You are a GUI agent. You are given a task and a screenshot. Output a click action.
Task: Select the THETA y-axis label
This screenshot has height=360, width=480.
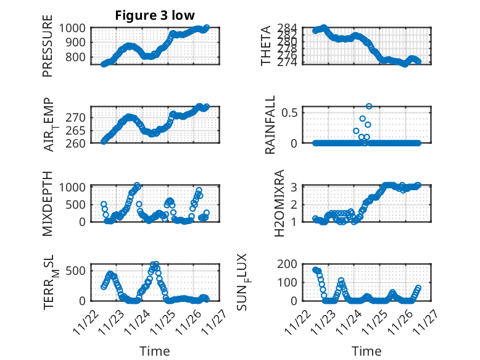click(x=266, y=46)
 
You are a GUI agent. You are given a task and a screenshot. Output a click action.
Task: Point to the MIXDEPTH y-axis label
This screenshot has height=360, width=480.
click(x=48, y=204)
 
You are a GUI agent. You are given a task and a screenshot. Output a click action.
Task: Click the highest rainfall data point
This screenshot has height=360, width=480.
click(x=369, y=106)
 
